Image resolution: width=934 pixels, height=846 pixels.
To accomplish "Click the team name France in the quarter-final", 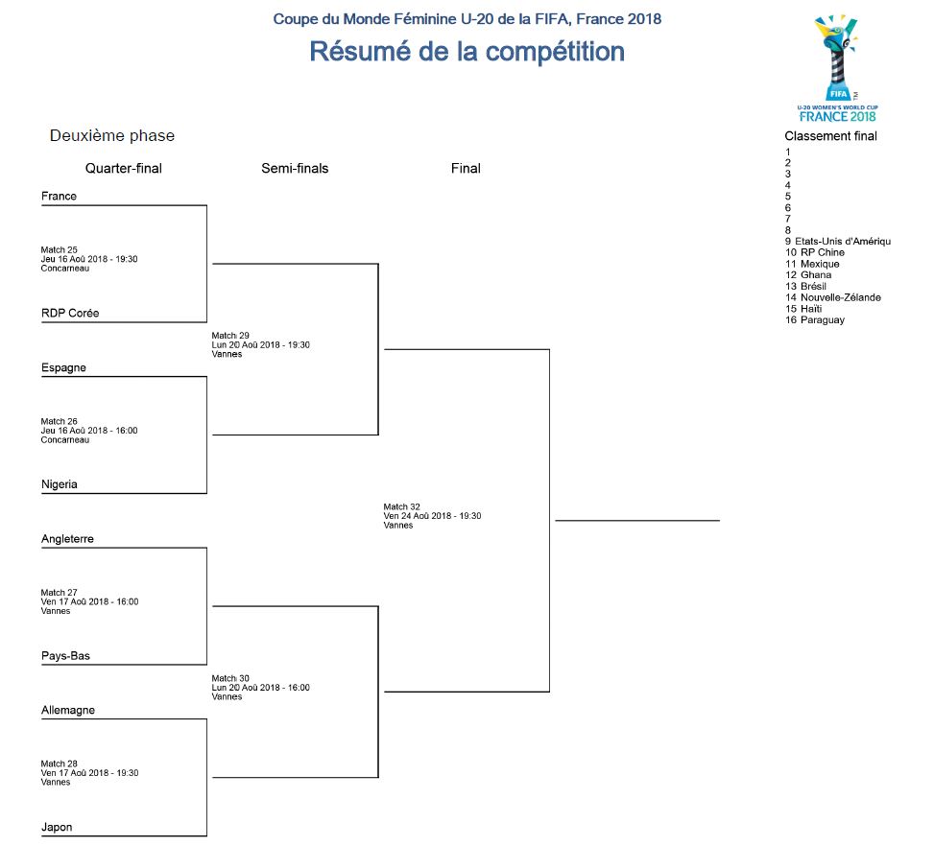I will click(59, 197).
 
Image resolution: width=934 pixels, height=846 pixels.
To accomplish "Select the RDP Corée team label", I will click(70, 314).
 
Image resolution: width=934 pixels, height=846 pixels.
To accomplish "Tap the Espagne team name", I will click(63, 368).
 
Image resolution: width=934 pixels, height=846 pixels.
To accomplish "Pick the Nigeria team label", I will click(60, 485).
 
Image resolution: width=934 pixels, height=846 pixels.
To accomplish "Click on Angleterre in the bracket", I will click(67, 540).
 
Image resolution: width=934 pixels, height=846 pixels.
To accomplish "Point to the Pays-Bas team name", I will click(65, 657).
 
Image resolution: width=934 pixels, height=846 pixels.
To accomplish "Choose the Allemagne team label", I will click(68, 711).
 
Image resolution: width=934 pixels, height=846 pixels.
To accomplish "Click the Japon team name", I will click(57, 828).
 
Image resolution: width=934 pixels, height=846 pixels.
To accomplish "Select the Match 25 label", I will click(60, 250).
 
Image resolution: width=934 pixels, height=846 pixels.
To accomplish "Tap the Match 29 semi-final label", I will click(230, 336).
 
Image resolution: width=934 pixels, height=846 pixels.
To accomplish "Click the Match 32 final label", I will click(402, 506).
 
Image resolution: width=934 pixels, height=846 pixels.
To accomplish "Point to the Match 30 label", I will click(230, 678).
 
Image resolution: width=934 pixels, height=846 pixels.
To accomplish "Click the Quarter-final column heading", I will click(123, 169).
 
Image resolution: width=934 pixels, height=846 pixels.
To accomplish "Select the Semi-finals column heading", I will click(295, 169).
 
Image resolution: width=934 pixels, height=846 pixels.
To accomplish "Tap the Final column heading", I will click(466, 169).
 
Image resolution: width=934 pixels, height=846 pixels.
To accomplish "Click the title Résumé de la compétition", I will click(467, 52).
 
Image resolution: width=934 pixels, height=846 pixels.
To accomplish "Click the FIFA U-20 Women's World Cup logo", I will click(837, 67).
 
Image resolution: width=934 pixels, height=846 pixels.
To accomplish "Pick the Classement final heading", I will click(830, 136).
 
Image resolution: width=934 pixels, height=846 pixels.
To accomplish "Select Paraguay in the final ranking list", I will click(822, 320).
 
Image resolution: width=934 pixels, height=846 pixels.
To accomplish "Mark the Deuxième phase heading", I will click(112, 136).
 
